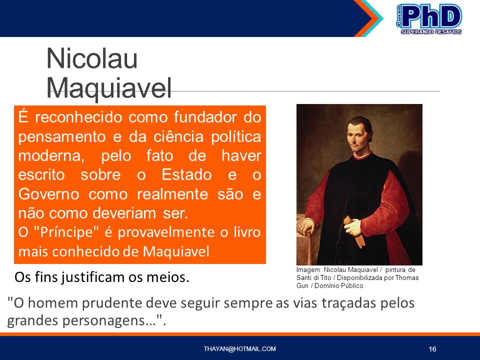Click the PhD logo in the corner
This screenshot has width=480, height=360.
tap(429, 18)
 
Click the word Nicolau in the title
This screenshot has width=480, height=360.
tap(92, 58)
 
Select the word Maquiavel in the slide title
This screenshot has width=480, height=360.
tap(108, 88)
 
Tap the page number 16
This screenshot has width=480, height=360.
tap(432, 349)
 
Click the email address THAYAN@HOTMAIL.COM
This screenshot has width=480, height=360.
tap(239, 348)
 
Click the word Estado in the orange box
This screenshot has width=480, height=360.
tap(186, 175)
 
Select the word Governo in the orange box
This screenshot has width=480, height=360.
tap(48, 194)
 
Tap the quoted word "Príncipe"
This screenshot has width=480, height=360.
tap(66, 232)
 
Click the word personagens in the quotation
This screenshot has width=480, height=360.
tap(108, 321)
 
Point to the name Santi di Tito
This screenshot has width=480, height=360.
tap(314, 277)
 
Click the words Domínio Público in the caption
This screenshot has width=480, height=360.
tap(339, 285)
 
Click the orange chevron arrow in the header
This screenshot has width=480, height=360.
tap(365, 18)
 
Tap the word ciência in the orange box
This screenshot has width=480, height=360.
tap(178, 136)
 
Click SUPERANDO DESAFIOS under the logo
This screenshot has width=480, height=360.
tap(431, 31)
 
